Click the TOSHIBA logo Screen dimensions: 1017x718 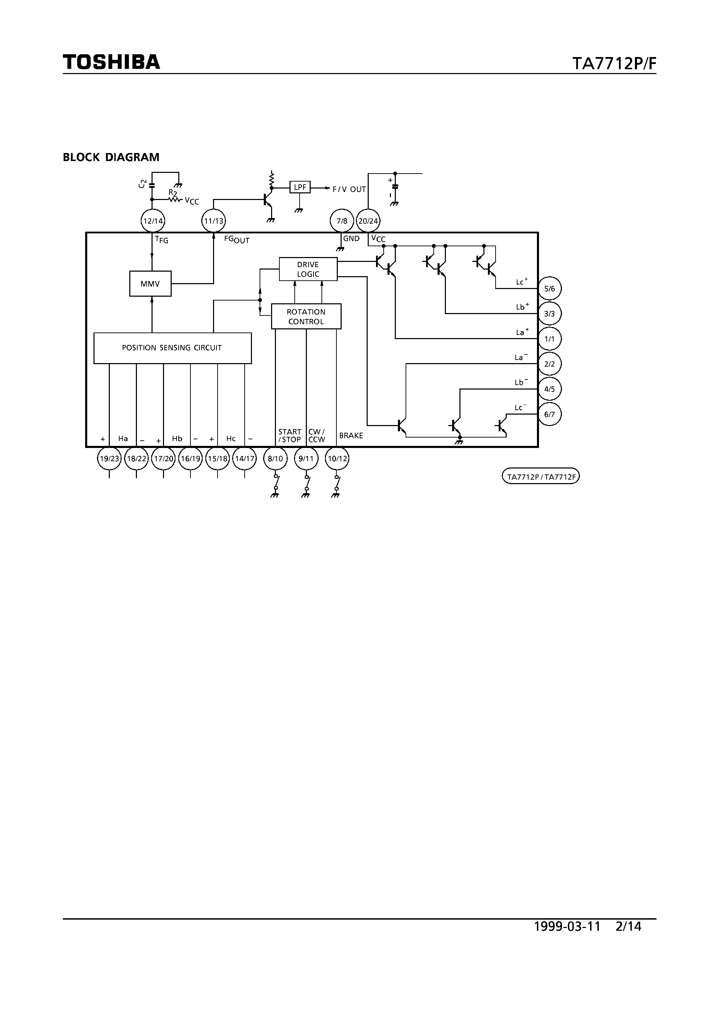point(111,62)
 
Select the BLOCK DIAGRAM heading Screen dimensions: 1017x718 point(111,157)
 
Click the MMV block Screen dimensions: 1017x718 point(150,284)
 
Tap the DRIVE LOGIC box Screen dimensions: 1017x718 point(308,269)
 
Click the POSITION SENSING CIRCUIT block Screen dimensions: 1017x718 point(172,348)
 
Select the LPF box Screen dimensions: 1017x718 point(300,187)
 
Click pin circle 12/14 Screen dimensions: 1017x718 point(152,221)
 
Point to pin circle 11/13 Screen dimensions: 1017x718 point(213,221)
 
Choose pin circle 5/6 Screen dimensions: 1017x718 point(549,289)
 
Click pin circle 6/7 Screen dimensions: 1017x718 point(549,415)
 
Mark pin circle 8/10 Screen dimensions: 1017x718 point(275,459)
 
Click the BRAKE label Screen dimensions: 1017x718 point(351,436)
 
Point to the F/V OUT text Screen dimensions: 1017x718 point(349,190)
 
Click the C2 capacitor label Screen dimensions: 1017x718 point(142,183)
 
